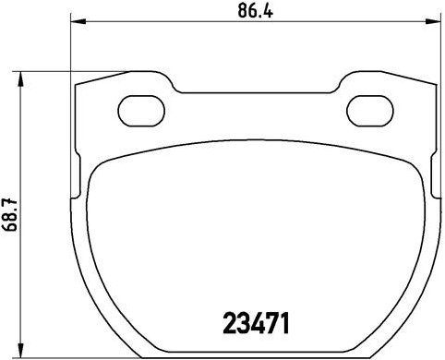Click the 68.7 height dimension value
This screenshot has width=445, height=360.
(x=11, y=214)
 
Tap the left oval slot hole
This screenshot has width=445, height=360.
(x=140, y=107)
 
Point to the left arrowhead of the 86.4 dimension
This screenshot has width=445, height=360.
(x=77, y=24)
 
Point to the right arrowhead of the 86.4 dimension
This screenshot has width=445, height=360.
(x=434, y=24)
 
